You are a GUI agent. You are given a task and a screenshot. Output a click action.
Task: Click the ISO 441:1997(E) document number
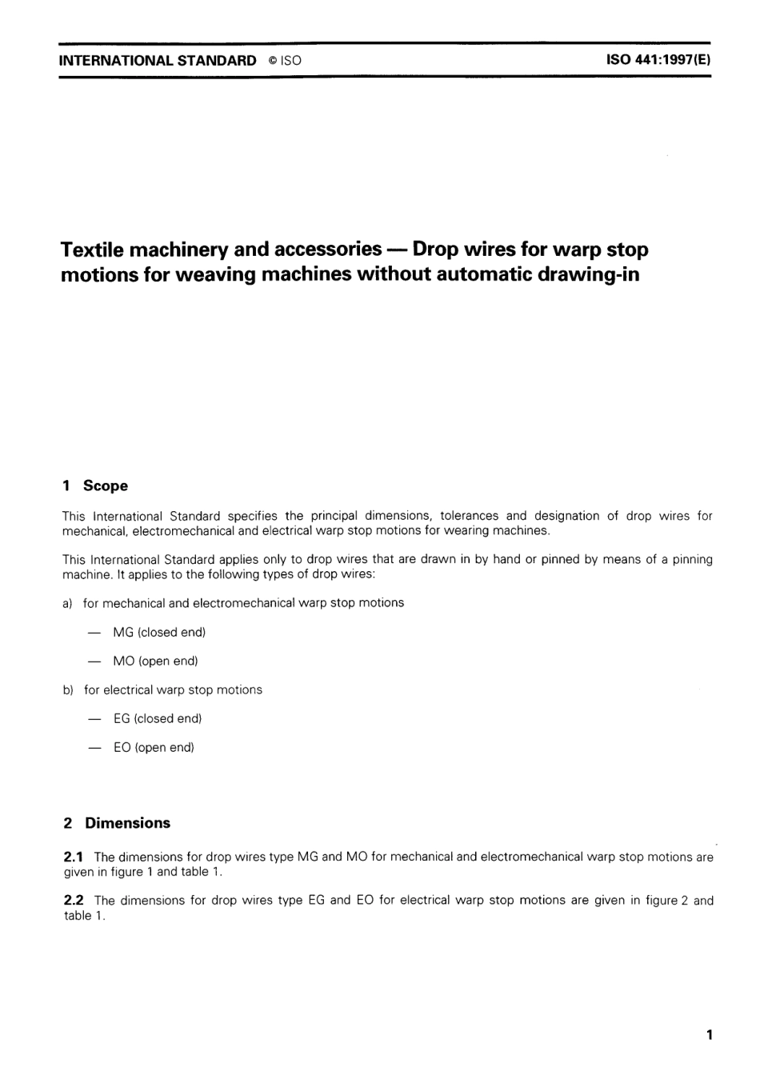tap(658, 60)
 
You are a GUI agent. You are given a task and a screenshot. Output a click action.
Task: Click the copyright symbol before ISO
tap(272, 61)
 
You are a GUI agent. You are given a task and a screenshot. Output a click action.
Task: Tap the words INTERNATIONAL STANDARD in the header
tap(158, 60)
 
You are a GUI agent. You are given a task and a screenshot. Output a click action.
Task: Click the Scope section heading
tap(105, 486)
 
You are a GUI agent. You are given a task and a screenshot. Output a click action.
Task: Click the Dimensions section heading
tap(127, 823)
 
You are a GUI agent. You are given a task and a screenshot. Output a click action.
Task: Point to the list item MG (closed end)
tap(159, 632)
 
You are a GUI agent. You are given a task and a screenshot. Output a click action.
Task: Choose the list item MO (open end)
tap(155, 661)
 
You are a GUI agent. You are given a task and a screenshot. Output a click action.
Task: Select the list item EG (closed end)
tap(158, 718)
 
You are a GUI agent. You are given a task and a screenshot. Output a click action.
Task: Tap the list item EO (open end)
tap(154, 747)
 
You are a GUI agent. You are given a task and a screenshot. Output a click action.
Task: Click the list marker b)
tap(68, 689)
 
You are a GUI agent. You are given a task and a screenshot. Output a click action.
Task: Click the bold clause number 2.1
tap(74, 857)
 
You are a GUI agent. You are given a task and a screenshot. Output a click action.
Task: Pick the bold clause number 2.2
tap(74, 900)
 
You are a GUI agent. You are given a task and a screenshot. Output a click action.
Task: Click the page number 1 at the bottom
tap(709, 1035)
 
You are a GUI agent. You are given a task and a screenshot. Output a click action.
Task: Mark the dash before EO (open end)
tap(95, 747)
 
